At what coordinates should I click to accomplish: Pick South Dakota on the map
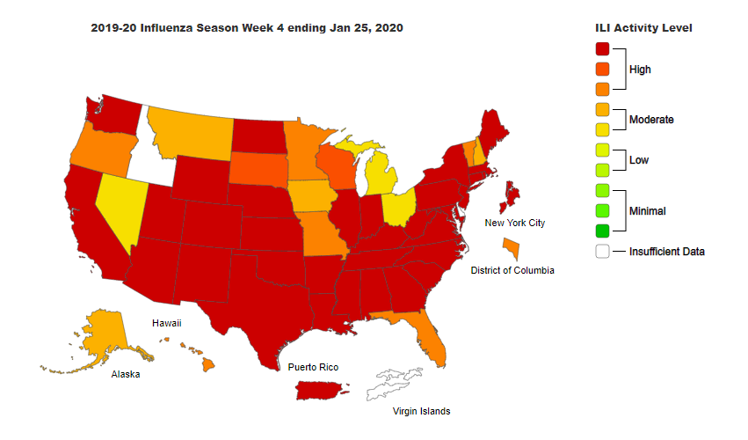tap(259, 169)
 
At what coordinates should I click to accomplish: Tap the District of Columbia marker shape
tap(511, 248)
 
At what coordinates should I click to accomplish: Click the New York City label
tap(515, 223)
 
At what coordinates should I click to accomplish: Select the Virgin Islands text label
tap(421, 411)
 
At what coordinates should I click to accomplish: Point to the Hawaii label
tap(165, 324)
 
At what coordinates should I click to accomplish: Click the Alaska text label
tap(126, 374)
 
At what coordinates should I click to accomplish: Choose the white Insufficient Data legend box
tap(602, 251)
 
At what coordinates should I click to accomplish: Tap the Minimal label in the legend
tap(648, 211)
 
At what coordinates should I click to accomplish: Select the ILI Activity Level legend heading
tap(643, 28)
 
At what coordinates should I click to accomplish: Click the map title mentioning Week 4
tap(247, 28)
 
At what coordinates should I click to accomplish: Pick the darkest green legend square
tap(602, 231)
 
